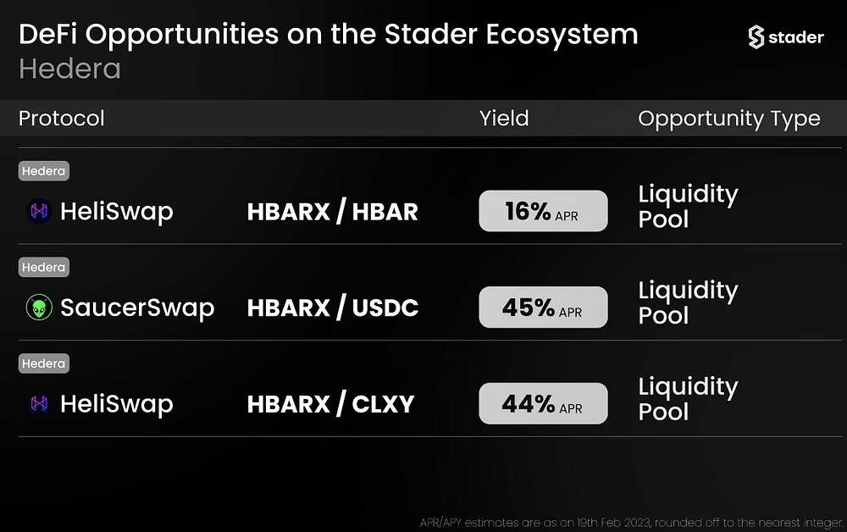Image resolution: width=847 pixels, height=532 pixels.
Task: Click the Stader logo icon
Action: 756,36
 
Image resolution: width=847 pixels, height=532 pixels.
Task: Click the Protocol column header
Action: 62,119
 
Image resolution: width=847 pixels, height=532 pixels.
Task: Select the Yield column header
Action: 504,119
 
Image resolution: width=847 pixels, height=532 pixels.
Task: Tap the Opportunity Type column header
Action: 729,119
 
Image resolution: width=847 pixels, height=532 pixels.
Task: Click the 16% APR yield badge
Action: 543,211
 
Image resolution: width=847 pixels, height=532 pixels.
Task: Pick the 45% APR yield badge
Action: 543,307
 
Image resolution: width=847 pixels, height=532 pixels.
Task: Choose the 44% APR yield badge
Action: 543,403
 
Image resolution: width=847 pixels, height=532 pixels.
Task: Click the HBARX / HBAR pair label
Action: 332,211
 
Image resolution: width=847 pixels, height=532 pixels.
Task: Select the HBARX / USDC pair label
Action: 332,308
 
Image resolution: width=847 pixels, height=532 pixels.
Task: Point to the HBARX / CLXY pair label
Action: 330,404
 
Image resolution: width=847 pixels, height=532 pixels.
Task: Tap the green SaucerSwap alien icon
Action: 39,308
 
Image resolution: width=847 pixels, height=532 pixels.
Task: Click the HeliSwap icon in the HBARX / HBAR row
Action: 39,211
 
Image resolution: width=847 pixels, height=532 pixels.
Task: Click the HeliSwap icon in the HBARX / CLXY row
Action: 39,403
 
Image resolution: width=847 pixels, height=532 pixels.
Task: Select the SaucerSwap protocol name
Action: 137,308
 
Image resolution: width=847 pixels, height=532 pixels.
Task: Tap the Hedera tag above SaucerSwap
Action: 44,268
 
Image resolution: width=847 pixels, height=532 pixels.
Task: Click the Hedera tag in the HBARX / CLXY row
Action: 44,363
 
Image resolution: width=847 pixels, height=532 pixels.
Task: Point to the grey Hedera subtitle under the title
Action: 69,69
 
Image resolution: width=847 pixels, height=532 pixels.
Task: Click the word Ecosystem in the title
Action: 562,35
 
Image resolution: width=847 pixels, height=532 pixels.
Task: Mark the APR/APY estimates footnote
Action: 632,523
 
